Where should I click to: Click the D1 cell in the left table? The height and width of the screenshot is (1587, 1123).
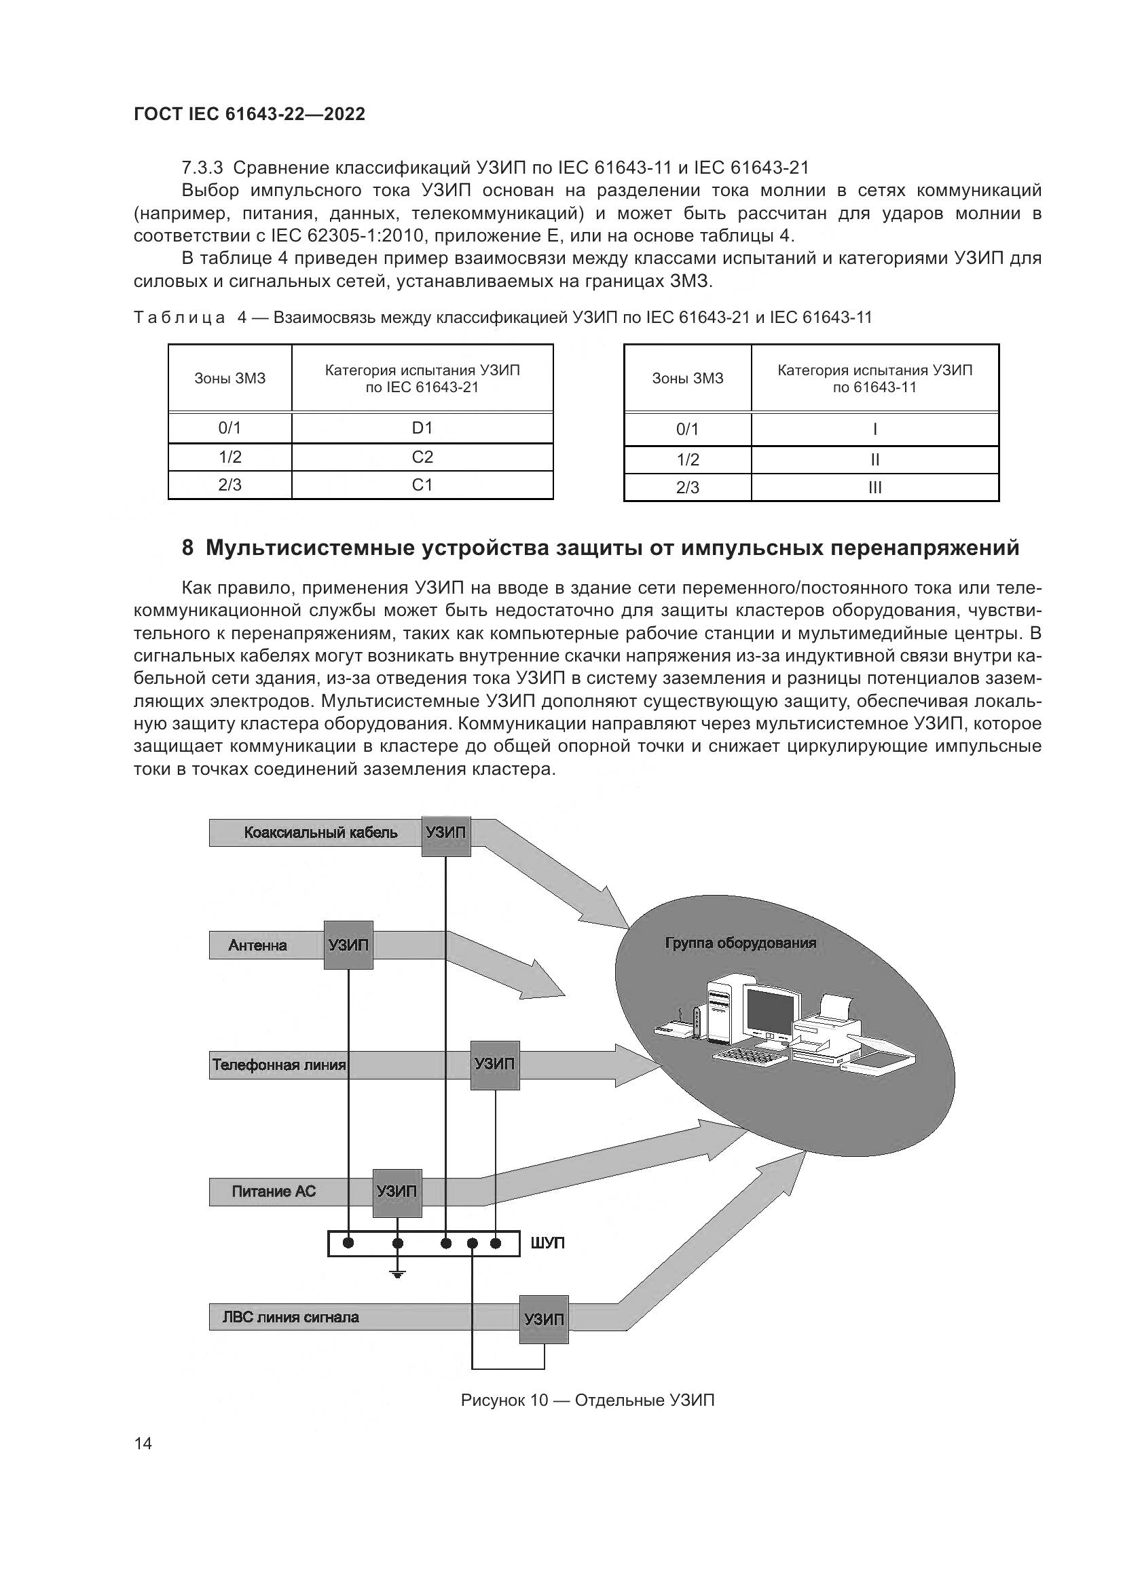pos(422,428)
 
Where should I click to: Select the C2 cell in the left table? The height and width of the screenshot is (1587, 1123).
pos(422,457)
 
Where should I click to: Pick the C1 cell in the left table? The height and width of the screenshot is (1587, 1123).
pos(422,485)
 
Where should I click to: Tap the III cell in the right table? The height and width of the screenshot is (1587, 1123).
pos(875,487)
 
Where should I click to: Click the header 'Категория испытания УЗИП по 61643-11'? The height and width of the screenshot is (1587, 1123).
pos(875,378)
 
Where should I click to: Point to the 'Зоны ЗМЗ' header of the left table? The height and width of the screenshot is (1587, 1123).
pos(229,379)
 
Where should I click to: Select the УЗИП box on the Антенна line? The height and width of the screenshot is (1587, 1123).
pos(348,945)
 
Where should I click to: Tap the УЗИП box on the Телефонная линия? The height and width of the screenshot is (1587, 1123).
pos(494,1065)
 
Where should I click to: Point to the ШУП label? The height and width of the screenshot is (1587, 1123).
pos(548,1244)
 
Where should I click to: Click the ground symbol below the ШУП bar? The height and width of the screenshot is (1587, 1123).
pos(398,1274)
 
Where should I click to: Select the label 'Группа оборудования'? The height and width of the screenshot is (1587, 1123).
pos(741,943)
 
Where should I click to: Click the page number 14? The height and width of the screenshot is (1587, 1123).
pos(143,1444)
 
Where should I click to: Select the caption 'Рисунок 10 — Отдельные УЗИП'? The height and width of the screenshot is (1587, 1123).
pos(587,1400)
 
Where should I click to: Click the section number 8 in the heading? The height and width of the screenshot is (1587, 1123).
pos(187,548)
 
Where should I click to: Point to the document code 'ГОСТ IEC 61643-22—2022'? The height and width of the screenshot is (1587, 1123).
pos(249,115)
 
